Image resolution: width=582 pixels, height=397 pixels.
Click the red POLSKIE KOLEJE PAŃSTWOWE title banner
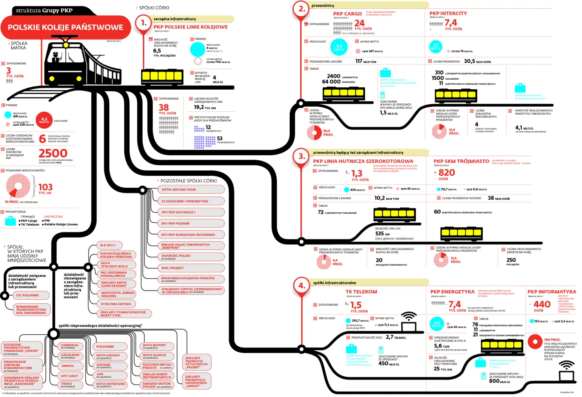click(x=66, y=27)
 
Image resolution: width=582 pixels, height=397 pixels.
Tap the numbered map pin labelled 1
click(x=143, y=23)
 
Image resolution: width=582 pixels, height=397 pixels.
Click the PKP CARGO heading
click(x=348, y=14)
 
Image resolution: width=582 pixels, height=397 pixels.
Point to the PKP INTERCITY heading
click(x=448, y=13)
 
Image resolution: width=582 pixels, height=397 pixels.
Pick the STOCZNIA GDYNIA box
click(x=117, y=304)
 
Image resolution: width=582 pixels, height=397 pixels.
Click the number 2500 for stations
click(x=53, y=153)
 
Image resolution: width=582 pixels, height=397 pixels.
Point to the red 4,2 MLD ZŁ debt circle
click(x=44, y=120)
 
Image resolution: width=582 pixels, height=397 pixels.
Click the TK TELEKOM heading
click(x=361, y=292)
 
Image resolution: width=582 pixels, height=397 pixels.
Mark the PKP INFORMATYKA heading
click(x=552, y=292)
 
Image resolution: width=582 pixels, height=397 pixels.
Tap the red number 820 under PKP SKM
click(x=446, y=172)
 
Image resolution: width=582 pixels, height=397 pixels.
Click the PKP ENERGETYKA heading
click(x=452, y=292)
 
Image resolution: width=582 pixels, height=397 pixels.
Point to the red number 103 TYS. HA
click(x=45, y=187)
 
